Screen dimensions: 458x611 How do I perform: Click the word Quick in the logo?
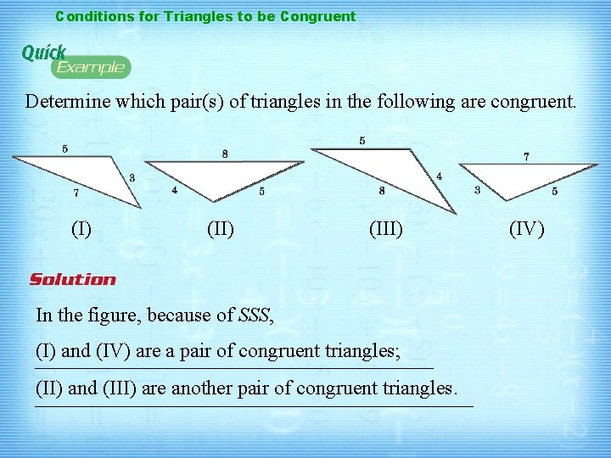(x=43, y=53)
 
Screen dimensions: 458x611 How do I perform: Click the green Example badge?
(x=91, y=67)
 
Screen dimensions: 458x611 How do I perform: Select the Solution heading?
(x=73, y=279)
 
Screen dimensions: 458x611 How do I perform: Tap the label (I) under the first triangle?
(x=81, y=228)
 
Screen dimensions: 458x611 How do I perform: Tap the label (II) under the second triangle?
(x=221, y=228)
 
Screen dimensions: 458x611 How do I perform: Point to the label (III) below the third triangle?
(x=385, y=228)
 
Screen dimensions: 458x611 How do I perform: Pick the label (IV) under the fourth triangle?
(x=526, y=228)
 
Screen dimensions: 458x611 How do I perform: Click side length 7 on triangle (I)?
(x=76, y=193)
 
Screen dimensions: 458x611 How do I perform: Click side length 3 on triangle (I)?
(x=132, y=177)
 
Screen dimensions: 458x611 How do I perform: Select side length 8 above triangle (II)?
(x=225, y=154)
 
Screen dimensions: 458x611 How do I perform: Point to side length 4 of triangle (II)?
(x=174, y=191)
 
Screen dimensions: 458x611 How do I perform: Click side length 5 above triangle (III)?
(x=362, y=141)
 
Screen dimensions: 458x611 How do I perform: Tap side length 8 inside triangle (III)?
(x=382, y=191)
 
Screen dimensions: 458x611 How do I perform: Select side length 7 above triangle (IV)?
(x=526, y=156)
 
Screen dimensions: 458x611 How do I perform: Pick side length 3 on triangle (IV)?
(x=477, y=191)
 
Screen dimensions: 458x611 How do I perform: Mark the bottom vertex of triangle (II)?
(x=212, y=202)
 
